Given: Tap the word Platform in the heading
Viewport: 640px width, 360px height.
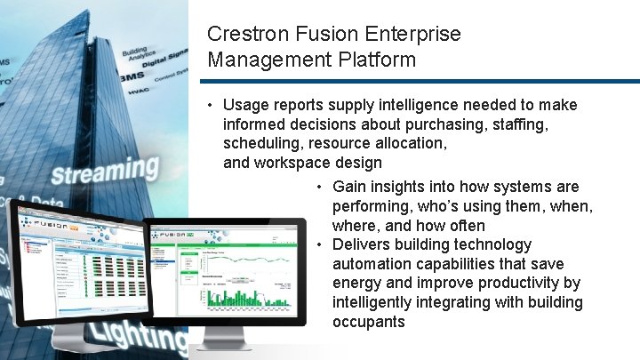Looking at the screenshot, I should point(375,60).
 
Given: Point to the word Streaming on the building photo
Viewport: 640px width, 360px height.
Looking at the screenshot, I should point(104,170).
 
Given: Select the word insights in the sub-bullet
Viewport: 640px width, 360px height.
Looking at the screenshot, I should point(397,187).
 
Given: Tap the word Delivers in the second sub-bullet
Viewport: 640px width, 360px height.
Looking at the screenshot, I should point(361,244).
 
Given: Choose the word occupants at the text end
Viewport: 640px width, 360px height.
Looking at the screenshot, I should point(368,321).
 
